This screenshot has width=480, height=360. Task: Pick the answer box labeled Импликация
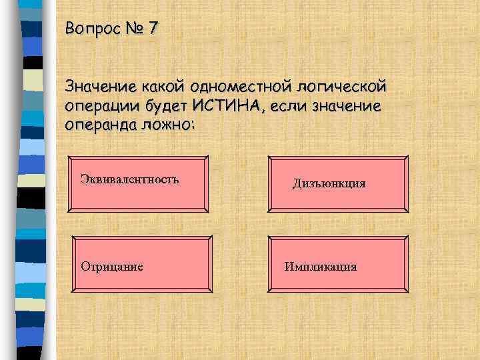[x=337, y=265]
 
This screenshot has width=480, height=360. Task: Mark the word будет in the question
[x=166, y=105]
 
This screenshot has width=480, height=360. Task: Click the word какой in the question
[x=160, y=87]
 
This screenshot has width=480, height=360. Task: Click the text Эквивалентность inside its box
[x=129, y=178]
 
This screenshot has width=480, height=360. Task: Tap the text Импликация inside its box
[x=321, y=267]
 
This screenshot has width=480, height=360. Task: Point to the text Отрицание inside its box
[x=112, y=267]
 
